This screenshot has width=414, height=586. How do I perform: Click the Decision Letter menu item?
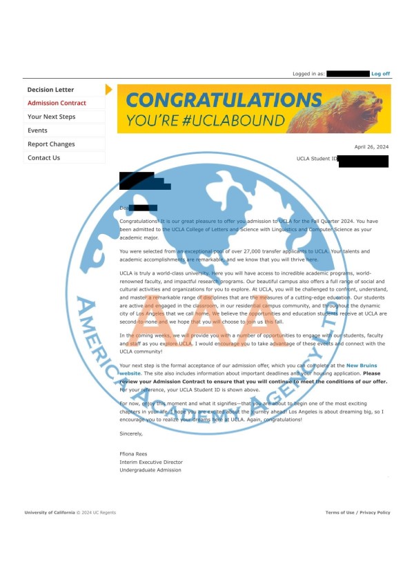tap(50, 90)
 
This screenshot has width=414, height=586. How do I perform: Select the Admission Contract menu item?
tap(57, 104)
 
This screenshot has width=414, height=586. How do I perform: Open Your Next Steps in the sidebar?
tap(51, 117)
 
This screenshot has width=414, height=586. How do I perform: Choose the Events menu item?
tap(37, 130)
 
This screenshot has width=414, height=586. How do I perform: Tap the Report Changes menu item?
tap(51, 144)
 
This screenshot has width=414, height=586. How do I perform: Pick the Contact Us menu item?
tap(43, 158)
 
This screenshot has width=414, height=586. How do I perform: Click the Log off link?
tap(380, 74)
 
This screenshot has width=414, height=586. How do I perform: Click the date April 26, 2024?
tap(372, 147)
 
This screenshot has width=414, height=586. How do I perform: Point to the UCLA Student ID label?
tap(317, 159)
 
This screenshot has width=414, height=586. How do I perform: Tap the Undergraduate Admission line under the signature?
tap(150, 470)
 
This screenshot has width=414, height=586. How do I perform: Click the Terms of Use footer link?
tap(340, 513)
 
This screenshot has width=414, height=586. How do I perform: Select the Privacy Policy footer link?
tap(375, 513)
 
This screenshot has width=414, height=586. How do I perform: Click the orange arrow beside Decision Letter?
tap(108, 90)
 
